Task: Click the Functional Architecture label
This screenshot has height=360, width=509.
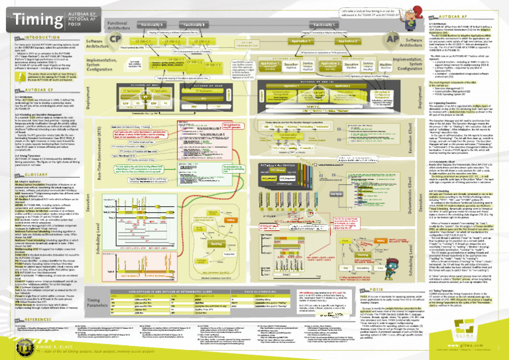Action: pyautogui.click(x=98, y=25)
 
